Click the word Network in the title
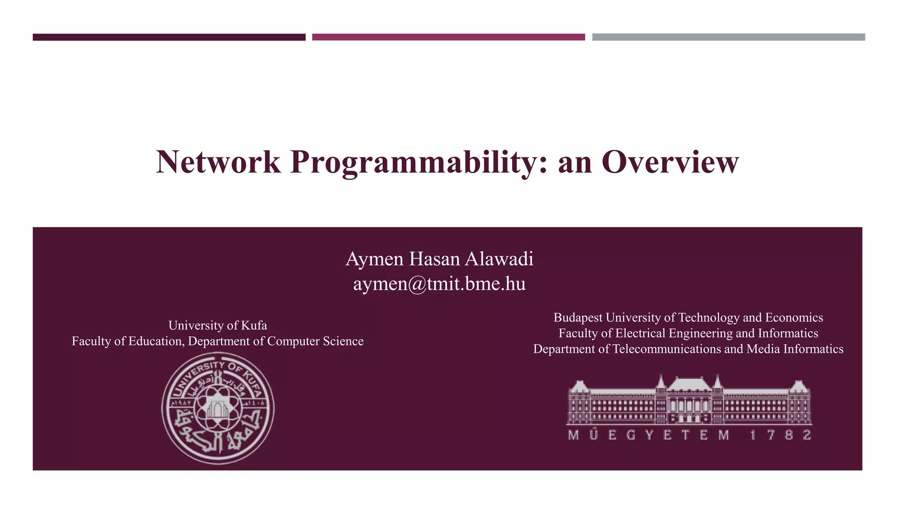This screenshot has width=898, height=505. [218, 162]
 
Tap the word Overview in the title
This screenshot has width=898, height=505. [670, 162]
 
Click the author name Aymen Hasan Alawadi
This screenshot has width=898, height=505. [439, 259]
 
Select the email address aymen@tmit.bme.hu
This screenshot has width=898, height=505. [439, 284]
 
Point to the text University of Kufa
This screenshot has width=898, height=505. [217, 325]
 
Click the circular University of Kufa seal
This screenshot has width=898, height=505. [218, 408]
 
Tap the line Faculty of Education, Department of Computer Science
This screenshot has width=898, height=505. [217, 341]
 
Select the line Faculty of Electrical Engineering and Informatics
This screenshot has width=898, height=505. [688, 333]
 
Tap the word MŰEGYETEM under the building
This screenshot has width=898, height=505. [649, 435]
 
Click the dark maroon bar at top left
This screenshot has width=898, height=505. [169, 37]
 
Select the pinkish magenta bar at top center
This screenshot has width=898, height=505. [448, 37]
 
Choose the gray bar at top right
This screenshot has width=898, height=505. [728, 37]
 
